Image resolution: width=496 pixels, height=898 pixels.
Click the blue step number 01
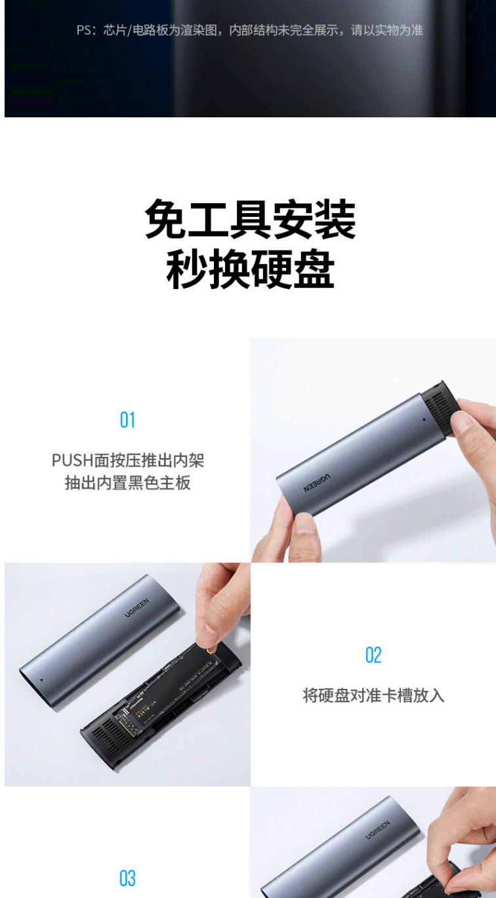[127, 420]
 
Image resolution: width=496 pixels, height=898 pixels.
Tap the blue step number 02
[373, 655]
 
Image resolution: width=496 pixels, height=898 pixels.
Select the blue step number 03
[127, 878]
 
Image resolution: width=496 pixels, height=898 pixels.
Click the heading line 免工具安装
[251, 220]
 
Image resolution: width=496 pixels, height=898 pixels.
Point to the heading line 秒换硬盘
[251, 269]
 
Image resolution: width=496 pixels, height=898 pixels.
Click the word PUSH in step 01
[72, 460]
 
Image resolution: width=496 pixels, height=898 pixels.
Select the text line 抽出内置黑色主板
[128, 482]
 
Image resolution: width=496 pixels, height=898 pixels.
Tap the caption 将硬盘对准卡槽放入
[373, 695]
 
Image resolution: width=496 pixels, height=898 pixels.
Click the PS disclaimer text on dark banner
[249, 30]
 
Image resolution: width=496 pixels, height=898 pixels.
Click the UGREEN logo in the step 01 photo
[317, 482]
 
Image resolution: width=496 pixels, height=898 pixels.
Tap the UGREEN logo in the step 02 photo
[136, 608]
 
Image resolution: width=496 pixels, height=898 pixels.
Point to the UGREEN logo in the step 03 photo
[378, 830]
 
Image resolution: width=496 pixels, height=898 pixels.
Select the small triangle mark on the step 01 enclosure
[424, 420]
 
